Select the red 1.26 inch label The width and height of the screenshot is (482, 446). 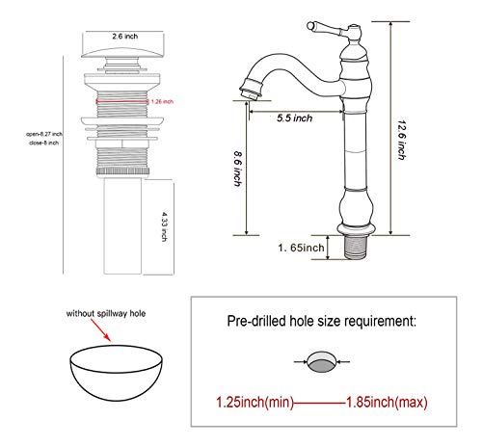tap(161, 100)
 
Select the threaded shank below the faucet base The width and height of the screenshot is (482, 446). tap(356, 248)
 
